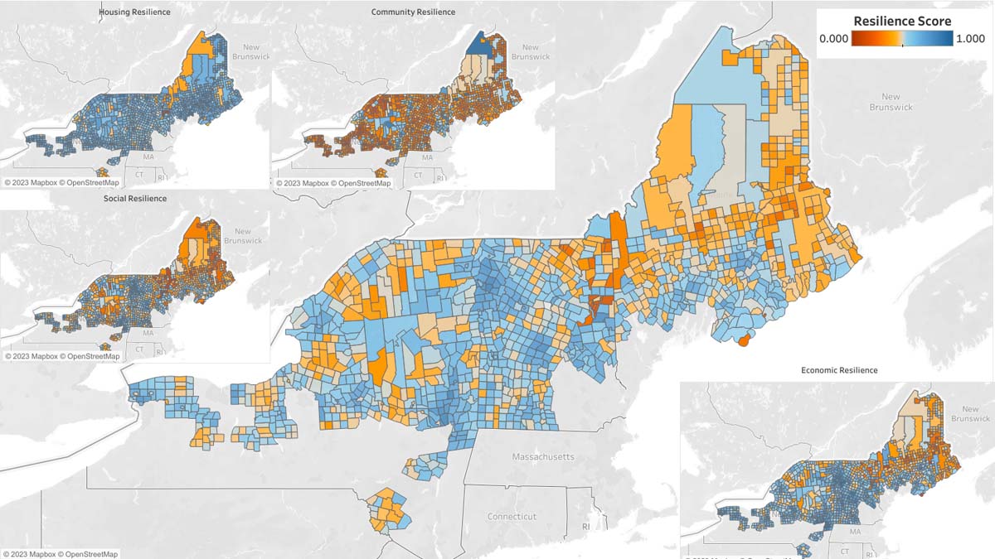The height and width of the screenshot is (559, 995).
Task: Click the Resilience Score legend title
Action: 902,21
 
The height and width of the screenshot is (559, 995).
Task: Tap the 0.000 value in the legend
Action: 833,38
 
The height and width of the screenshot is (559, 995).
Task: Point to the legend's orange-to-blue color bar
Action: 902,39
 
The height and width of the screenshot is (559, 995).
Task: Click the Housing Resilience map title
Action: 134,12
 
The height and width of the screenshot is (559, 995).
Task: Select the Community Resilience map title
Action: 413,12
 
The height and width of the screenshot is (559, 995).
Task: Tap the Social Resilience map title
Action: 135,199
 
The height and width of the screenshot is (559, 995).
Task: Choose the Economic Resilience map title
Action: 839,370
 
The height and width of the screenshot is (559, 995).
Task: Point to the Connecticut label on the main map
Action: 512,516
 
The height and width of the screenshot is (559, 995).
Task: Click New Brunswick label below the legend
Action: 891,102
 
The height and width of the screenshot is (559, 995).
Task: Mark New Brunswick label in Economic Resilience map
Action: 964,414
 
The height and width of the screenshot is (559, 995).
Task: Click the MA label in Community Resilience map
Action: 427,157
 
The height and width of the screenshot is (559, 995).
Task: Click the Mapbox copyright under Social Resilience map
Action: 61,356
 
